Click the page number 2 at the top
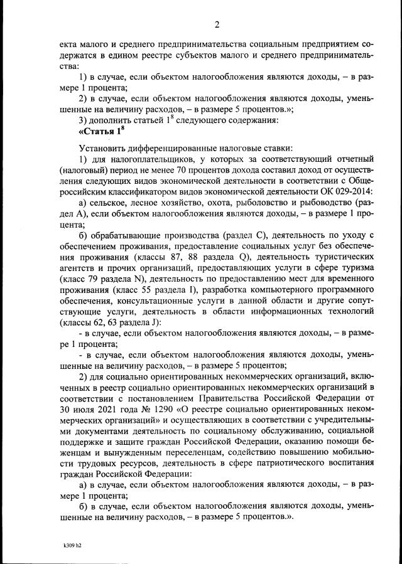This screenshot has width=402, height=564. coord(216,25)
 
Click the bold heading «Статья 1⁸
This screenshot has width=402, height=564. coord(98,131)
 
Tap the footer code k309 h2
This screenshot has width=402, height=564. coord(73,545)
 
